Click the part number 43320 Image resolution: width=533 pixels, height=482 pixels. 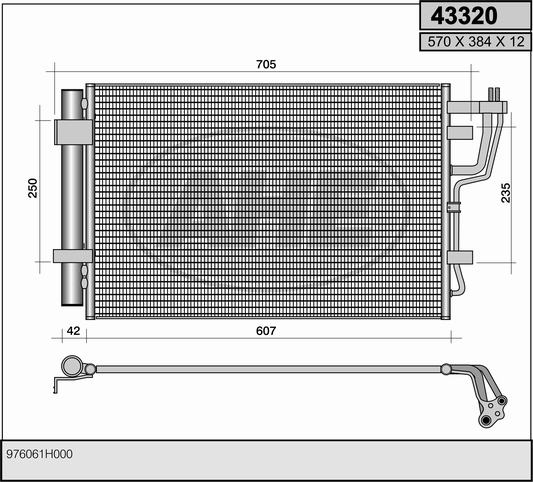[x=464, y=16]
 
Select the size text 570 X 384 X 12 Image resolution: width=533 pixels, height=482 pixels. [x=476, y=42]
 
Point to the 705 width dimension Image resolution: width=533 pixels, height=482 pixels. [x=266, y=64]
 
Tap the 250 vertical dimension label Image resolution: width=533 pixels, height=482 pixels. [x=33, y=188]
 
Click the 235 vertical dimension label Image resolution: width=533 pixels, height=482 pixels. [x=506, y=193]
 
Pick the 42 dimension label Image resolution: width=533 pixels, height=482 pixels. [x=73, y=331]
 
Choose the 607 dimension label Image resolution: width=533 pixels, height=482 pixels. [x=266, y=331]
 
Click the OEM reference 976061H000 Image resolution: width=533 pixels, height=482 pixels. [x=39, y=454]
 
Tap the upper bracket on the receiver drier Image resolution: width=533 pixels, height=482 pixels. [x=73, y=132]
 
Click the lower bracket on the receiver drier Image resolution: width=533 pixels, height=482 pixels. [x=73, y=256]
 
